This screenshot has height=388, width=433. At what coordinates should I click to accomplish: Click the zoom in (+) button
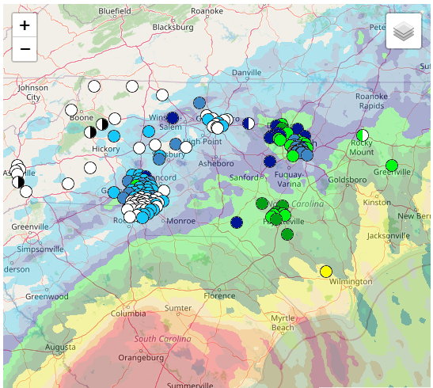point(25,25)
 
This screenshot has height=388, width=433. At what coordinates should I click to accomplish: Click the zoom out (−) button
point(25,49)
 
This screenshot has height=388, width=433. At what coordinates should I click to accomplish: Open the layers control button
point(404,32)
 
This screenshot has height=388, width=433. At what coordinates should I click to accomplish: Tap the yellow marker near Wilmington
point(325,272)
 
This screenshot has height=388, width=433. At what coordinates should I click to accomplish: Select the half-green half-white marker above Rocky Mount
point(363,135)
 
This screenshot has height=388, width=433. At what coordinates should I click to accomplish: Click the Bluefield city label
point(115,11)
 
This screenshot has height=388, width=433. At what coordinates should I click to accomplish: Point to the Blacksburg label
point(173,27)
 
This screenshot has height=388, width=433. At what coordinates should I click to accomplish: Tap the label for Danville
point(246,73)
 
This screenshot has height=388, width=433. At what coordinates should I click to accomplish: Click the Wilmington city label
point(351,282)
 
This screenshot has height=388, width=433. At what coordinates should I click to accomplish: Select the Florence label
point(219,296)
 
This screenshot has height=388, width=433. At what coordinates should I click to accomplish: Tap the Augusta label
point(61,347)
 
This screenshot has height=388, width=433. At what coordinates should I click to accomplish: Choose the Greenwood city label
point(46,297)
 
